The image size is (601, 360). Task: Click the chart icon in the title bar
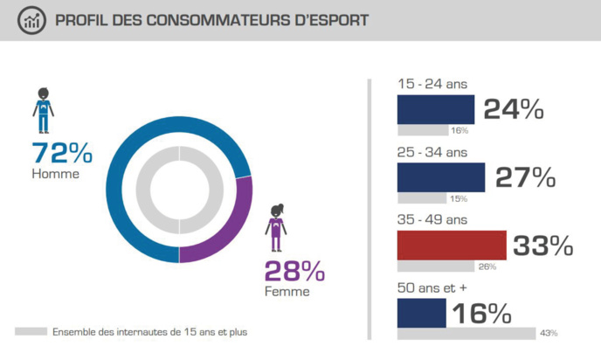pyautogui.click(x=32, y=20)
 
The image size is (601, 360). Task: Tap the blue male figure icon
pyautogui.click(x=43, y=110)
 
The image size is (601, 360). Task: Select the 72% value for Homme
pyautogui.click(x=61, y=153)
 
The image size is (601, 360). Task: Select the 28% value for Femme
pyautogui.click(x=294, y=272)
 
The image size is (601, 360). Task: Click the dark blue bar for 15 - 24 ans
pyautogui.click(x=436, y=109)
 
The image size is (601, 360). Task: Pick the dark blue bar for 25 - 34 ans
pyautogui.click(x=441, y=177)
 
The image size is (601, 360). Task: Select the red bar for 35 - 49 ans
pyautogui.click(x=452, y=246)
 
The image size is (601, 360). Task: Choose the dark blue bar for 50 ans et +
pyautogui.click(x=422, y=313)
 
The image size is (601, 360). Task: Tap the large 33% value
pyautogui.click(x=542, y=246)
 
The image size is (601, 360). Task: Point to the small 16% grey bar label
pyautogui.click(x=459, y=131)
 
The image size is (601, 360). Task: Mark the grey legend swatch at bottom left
pyautogui.click(x=31, y=332)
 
